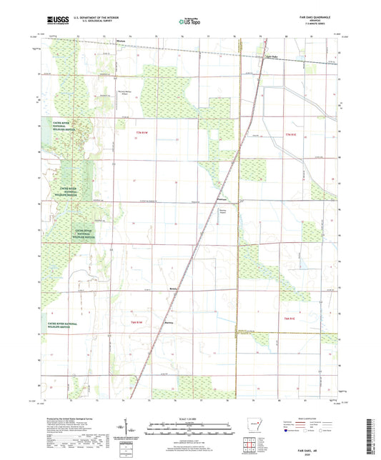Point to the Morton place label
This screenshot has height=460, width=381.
(122, 41)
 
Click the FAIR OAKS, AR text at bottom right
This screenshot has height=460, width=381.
(317, 446)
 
